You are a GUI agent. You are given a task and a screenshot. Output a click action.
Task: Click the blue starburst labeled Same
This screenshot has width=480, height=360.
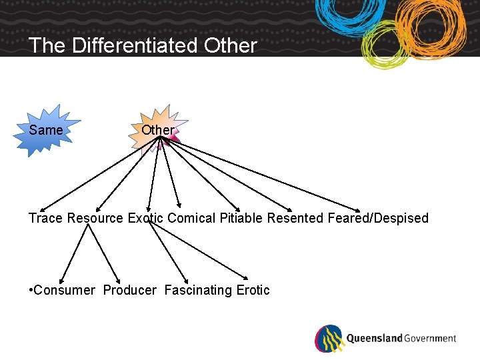pos(45,130)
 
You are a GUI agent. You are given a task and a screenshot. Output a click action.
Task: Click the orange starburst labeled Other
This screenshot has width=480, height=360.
pos(157,130)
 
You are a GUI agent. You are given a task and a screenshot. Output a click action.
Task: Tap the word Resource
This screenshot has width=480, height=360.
pos(95,218)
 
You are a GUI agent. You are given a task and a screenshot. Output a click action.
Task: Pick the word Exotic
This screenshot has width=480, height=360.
pos(145,218)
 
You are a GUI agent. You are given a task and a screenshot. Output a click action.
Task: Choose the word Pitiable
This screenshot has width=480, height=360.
pos(241,218)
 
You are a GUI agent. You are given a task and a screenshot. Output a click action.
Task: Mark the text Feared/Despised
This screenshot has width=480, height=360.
pos(378,218)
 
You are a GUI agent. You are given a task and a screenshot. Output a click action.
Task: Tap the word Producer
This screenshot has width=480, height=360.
pos(129,290)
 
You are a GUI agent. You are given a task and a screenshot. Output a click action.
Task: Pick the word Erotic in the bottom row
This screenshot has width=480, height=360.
pos(253,290)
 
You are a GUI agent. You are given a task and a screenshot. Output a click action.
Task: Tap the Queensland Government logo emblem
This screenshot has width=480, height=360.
pos(329,339)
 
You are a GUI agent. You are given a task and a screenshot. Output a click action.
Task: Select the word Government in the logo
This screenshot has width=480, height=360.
pos(430,339)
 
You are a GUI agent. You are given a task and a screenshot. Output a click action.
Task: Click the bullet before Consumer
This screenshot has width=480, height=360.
pos(31,290)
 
